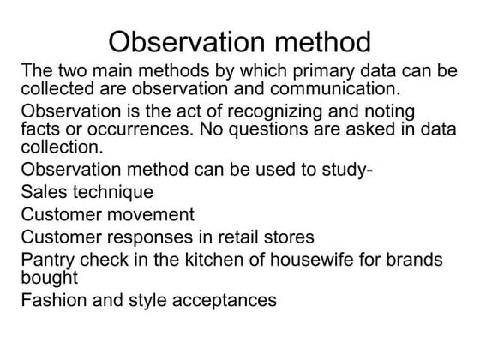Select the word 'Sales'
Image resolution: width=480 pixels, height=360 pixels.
[44, 191]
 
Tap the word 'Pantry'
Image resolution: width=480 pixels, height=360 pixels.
[48, 260]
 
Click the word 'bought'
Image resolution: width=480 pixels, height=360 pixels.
[50, 278]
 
